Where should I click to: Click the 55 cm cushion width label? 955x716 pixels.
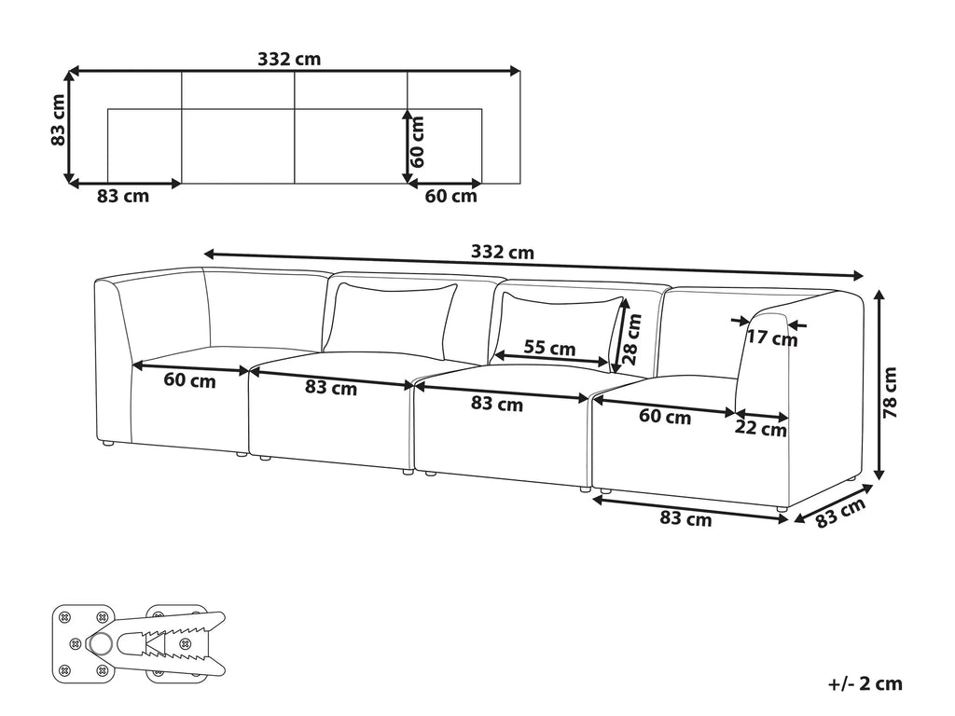[549, 348]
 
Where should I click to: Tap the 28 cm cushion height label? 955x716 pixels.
[633, 338]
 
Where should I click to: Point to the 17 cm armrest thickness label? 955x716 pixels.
[772, 337]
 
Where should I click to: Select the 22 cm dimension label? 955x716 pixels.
[760, 429]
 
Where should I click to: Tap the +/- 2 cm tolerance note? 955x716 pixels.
[865, 683]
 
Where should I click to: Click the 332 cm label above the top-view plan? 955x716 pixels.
[289, 59]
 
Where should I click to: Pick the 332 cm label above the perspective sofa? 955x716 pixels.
[503, 252]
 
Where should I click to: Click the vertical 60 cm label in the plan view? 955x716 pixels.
[417, 142]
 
